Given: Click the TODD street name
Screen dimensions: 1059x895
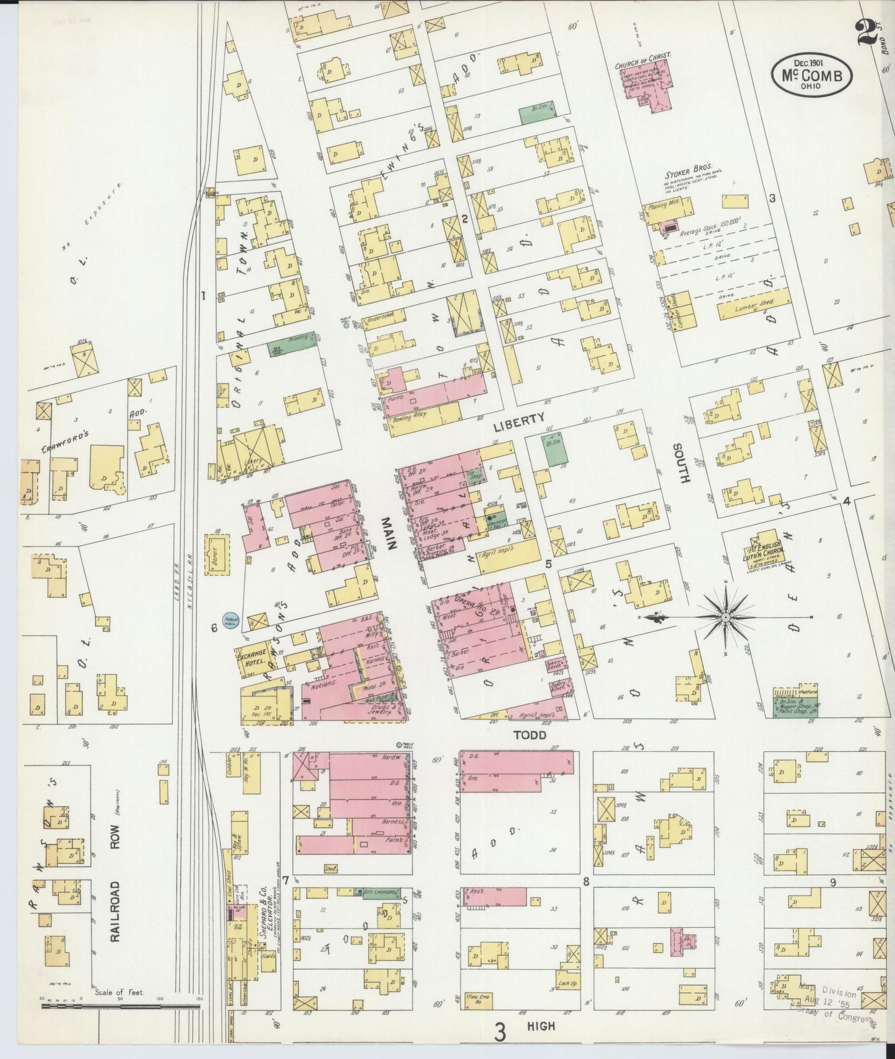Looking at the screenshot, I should click(529, 734).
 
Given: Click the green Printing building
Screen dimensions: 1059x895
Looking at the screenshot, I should click(283, 349).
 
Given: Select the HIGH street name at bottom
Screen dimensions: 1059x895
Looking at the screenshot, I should click(541, 1027).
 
